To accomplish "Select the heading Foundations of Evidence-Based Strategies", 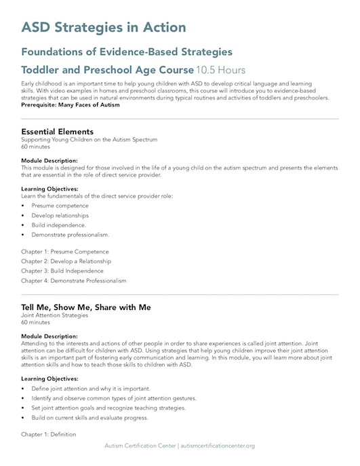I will click(127, 52).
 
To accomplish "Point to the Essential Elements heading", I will click(58, 132).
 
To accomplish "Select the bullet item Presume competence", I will click(60, 205).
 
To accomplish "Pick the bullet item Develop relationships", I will click(60, 215).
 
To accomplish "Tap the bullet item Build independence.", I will click(58, 225).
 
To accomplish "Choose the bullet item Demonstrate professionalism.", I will click(70, 234).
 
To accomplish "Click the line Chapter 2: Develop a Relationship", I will click(66, 261).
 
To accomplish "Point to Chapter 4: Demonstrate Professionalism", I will click(73, 280).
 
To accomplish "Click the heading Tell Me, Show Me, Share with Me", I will click(85, 307).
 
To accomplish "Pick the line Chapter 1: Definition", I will click(49, 433).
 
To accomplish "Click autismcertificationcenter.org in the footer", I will click(217, 446).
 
